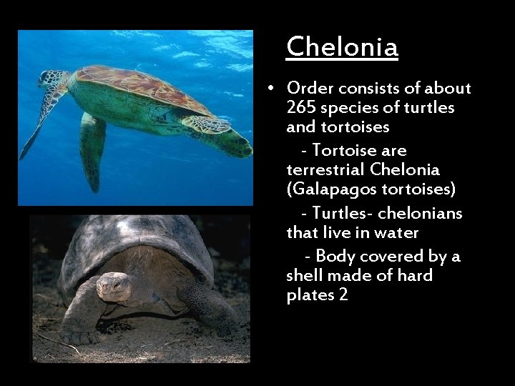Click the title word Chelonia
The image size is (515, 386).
[x=342, y=47]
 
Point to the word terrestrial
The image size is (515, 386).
[x=326, y=169]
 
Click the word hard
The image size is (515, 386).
[x=415, y=275]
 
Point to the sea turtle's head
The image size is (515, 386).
[x=52, y=79]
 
